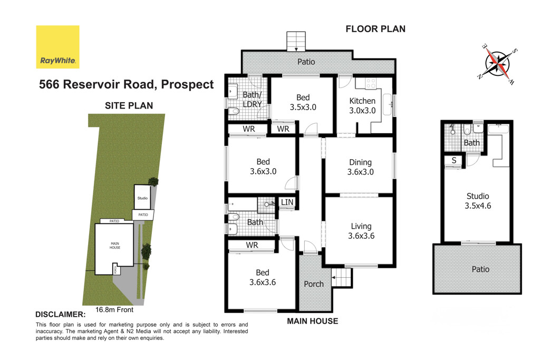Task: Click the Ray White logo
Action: coord(57,47)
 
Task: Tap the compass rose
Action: coord(496,61)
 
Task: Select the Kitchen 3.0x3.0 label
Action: coord(362,105)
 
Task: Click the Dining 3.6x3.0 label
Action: coord(360,167)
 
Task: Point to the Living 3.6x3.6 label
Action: coord(361,231)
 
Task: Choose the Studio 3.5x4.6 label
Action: coord(477,201)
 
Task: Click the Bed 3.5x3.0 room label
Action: coord(303,102)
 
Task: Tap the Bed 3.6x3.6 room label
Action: coord(262,277)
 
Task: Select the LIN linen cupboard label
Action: coord(287,202)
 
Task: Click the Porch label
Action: coord(314,284)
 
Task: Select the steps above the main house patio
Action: coord(296,42)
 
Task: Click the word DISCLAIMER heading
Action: coord(60,314)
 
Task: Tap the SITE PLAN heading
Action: coord(129,105)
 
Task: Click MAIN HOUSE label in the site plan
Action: coord(115,245)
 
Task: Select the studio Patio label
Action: coord(480,269)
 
